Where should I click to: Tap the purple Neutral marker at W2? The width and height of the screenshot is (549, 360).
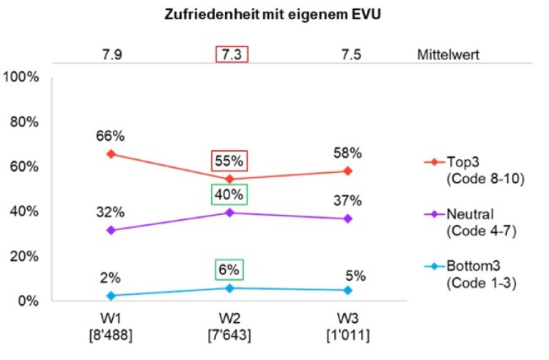click(x=229, y=212)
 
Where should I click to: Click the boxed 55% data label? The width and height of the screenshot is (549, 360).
click(x=229, y=161)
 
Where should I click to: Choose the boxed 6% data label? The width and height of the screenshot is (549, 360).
click(x=229, y=270)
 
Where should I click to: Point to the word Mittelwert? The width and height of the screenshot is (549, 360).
click(x=447, y=55)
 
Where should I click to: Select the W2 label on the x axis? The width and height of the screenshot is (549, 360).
click(x=229, y=316)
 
